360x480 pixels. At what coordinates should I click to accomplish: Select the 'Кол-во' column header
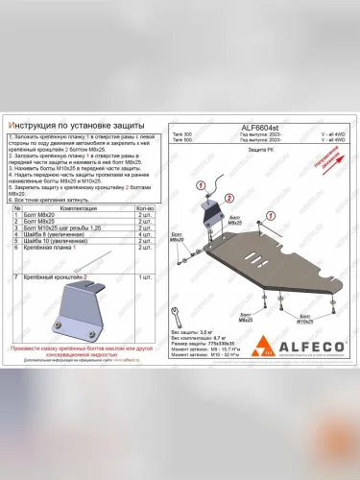[146, 207]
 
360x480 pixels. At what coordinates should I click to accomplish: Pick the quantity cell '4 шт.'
[146, 233]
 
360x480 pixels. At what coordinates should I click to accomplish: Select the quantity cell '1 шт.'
[146, 276]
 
